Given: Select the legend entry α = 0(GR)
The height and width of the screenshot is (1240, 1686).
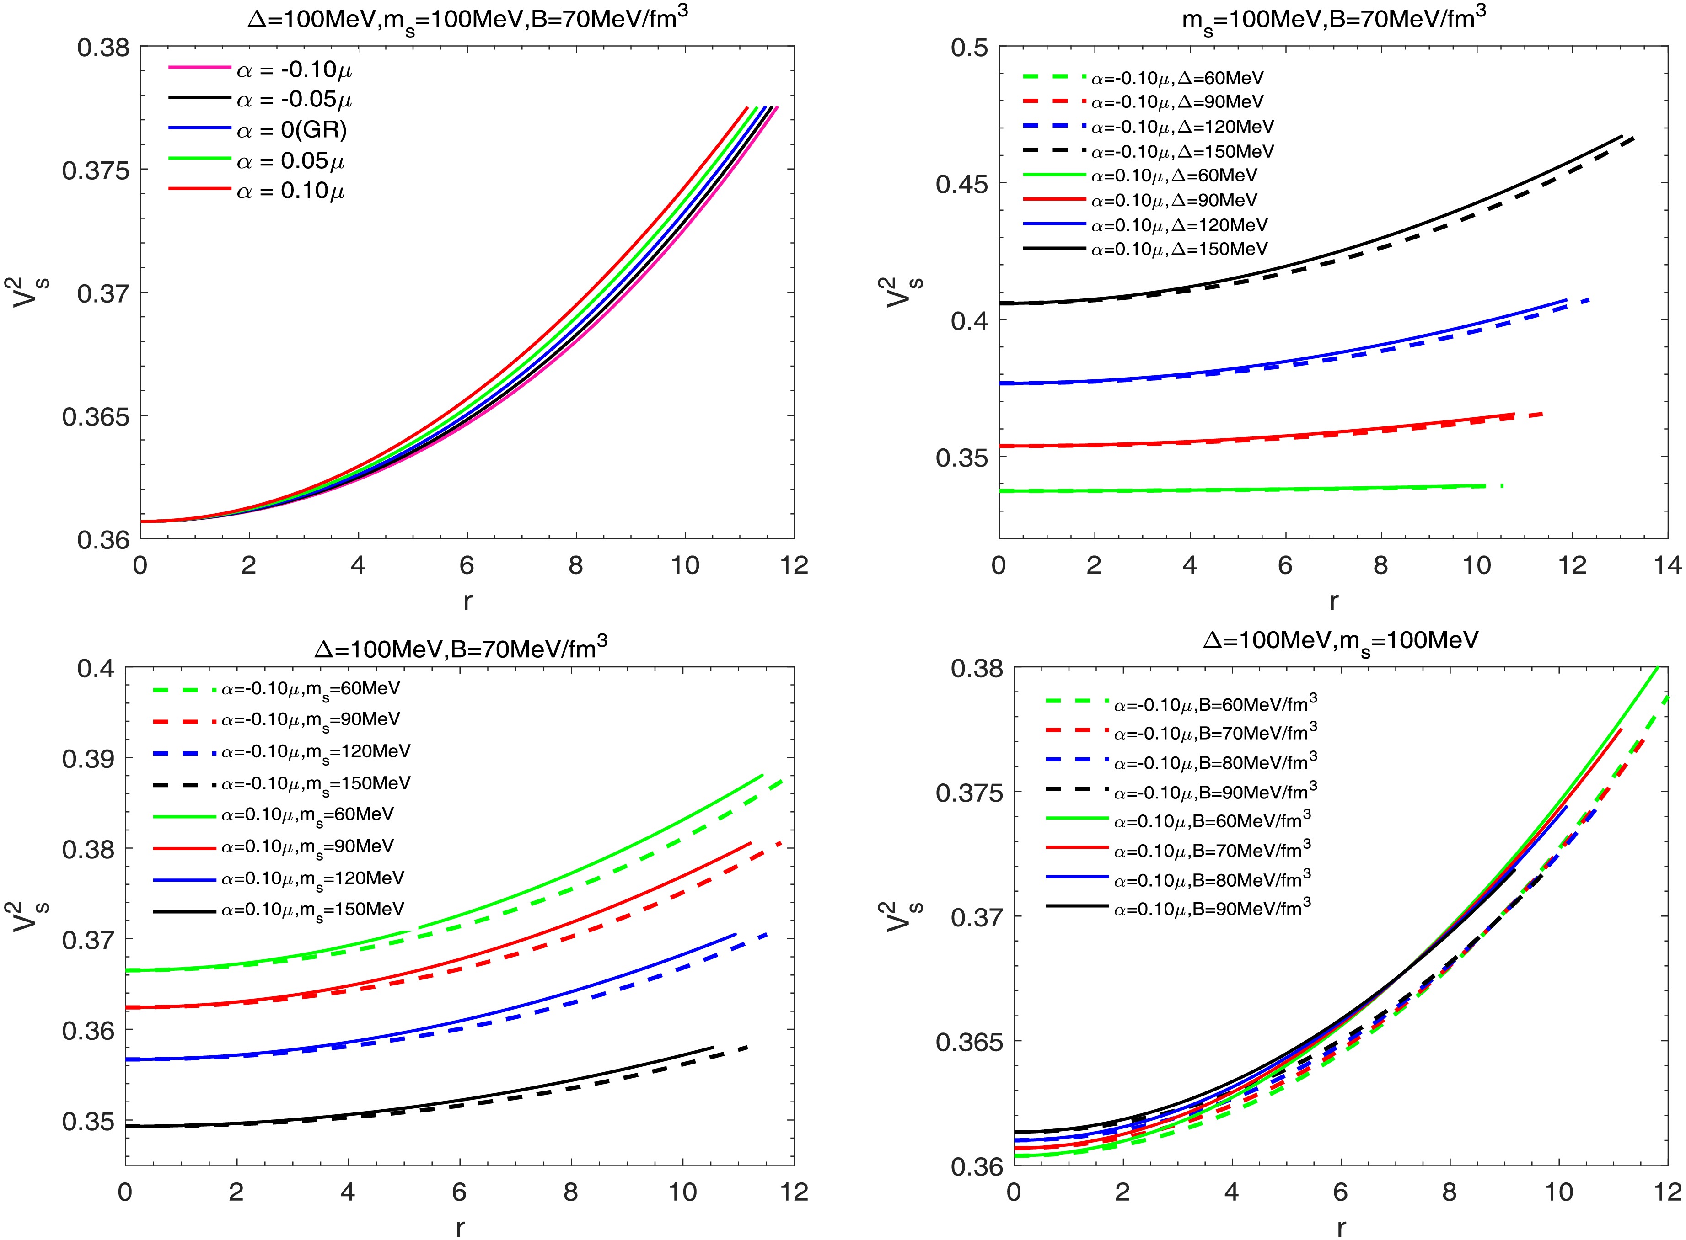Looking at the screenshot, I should click(x=291, y=131).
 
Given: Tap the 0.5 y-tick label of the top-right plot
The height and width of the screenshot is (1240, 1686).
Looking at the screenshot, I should click(x=969, y=48).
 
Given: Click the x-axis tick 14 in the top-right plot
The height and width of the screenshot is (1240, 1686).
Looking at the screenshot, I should click(x=1667, y=564).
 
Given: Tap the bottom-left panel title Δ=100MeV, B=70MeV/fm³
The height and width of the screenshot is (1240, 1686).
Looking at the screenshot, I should click(x=460, y=648).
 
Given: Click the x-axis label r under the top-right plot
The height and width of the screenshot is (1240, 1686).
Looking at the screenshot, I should click(x=1334, y=601).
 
